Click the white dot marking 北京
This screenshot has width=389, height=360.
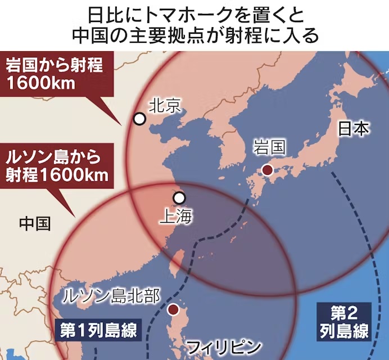pos(139,119)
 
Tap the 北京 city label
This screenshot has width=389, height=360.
pos(165,105)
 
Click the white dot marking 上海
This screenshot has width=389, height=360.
pos(179,198)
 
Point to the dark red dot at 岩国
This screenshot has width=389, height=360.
pos(268,170)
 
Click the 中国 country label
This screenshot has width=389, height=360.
pos(34,223)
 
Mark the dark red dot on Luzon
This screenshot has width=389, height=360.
pos(174,309)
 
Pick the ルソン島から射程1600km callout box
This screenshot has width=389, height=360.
pos(56,165)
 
